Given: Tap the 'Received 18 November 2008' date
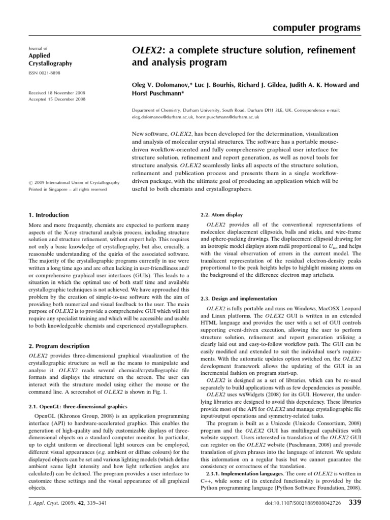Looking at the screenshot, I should tap(56, 93).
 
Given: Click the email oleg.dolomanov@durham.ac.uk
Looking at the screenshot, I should tap(161, 116).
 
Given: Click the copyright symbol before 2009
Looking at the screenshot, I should tap(30, 182).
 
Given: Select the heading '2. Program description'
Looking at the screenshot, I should tap(58, 346).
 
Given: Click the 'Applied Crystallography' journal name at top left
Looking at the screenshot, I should tap(50, 59).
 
